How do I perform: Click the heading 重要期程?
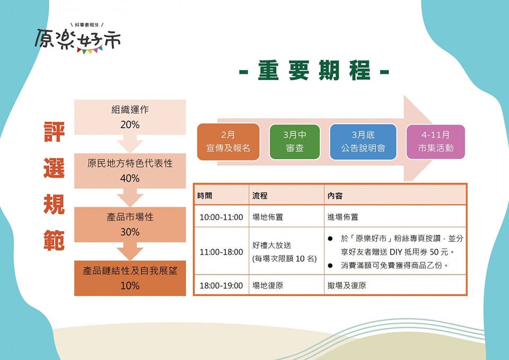tap(314, 71)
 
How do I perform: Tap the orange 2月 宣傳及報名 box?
tap(228, 142)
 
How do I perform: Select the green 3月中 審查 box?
tap(294, 142)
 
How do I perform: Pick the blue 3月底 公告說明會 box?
tap(363, 142)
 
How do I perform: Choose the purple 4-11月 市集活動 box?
tap(435, 142)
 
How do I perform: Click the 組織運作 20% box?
tap(130, 117)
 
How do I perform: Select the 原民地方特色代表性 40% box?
tap(130, 171)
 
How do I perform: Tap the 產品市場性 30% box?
tap(130, 224)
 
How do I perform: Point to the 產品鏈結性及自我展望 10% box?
tap(130, 278)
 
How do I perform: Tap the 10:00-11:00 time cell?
tap(221, 217)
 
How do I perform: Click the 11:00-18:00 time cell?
tap(221, 252)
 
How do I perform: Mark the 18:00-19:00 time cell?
tap(221, 285)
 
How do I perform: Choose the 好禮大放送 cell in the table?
tap(286, 252)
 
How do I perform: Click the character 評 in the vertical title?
tap(54, 134)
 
